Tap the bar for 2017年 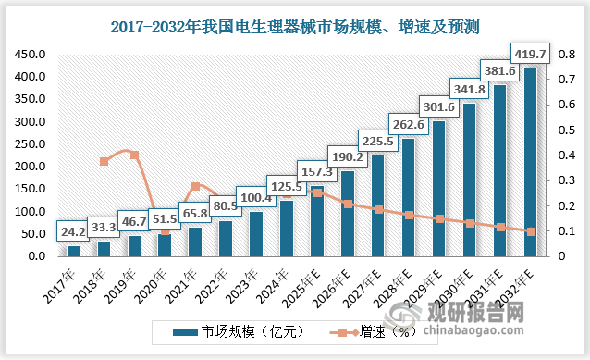click(x=73, y=251)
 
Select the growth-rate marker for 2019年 click(x=134, y=155)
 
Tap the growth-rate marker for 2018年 click(x=104, y=161)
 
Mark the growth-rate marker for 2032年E click(x=531, y=231)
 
